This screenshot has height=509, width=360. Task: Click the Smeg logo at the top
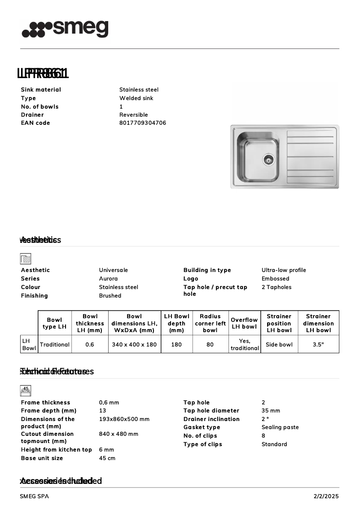coord(65,29)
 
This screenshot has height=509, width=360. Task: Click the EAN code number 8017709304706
coord(143,123)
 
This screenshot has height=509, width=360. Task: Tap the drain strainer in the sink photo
coord(268,159)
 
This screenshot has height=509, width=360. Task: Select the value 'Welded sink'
coord(136,98)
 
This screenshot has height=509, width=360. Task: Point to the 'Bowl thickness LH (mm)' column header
coord(90,323)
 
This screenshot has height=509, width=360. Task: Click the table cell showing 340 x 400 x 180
coord(134,345)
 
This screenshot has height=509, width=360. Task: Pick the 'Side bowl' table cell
coord(279,345)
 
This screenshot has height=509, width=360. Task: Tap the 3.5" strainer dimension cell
coord(318,345)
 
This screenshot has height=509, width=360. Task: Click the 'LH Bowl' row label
coord(29,345)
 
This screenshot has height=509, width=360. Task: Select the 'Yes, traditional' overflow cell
coord(245,345)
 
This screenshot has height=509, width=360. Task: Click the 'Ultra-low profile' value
coord(284,270)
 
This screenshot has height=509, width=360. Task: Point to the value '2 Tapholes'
coord(277,287)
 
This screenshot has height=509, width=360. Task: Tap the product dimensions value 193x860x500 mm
coord(124,419)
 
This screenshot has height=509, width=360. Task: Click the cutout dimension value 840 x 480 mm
coord(119,434)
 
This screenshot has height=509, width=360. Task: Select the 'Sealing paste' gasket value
coord(280,427)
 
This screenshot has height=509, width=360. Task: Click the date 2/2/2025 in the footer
coord(326,496)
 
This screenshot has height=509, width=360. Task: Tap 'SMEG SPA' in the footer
coord(35,496)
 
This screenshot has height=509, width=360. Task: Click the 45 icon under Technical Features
coord(26,391)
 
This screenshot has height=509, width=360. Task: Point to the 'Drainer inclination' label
coord(211,419)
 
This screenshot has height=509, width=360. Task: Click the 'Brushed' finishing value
coord(110,296)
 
